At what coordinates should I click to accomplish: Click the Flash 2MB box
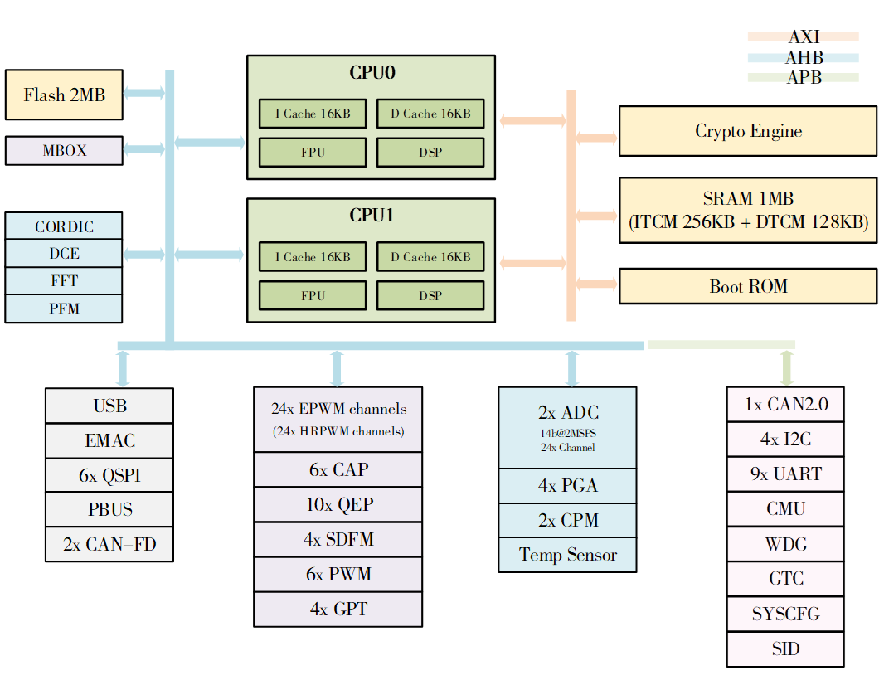tap(64, 95)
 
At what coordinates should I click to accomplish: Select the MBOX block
tap(64, 151)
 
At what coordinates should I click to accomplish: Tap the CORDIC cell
tap(64, 226)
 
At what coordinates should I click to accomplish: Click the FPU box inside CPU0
tap(313, 153)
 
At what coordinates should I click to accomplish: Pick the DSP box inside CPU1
tap(430, 295)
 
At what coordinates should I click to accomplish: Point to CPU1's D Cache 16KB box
tap(430, 257)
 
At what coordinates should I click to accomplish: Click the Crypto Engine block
tap(748, 131)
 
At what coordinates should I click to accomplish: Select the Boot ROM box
tap(748, 286)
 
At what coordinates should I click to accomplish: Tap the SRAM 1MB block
tap(748, 211)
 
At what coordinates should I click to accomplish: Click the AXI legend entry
tap(803, 36)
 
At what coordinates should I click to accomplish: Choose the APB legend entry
tap(803, 78)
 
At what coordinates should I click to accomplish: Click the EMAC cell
tap(109, 441)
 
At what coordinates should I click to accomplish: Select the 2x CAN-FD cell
tap(109, 545)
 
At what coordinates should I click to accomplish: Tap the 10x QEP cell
tap(338, 504)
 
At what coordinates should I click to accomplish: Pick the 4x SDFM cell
tap(338, 539)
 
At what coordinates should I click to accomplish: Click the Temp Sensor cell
tap(567, 555)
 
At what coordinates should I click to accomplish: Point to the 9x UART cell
tap(785, 474)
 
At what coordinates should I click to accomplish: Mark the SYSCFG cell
tap(785, 614)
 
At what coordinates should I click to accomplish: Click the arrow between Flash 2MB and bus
tap(143, 94)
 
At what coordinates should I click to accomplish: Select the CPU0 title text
tap(372, 72)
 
